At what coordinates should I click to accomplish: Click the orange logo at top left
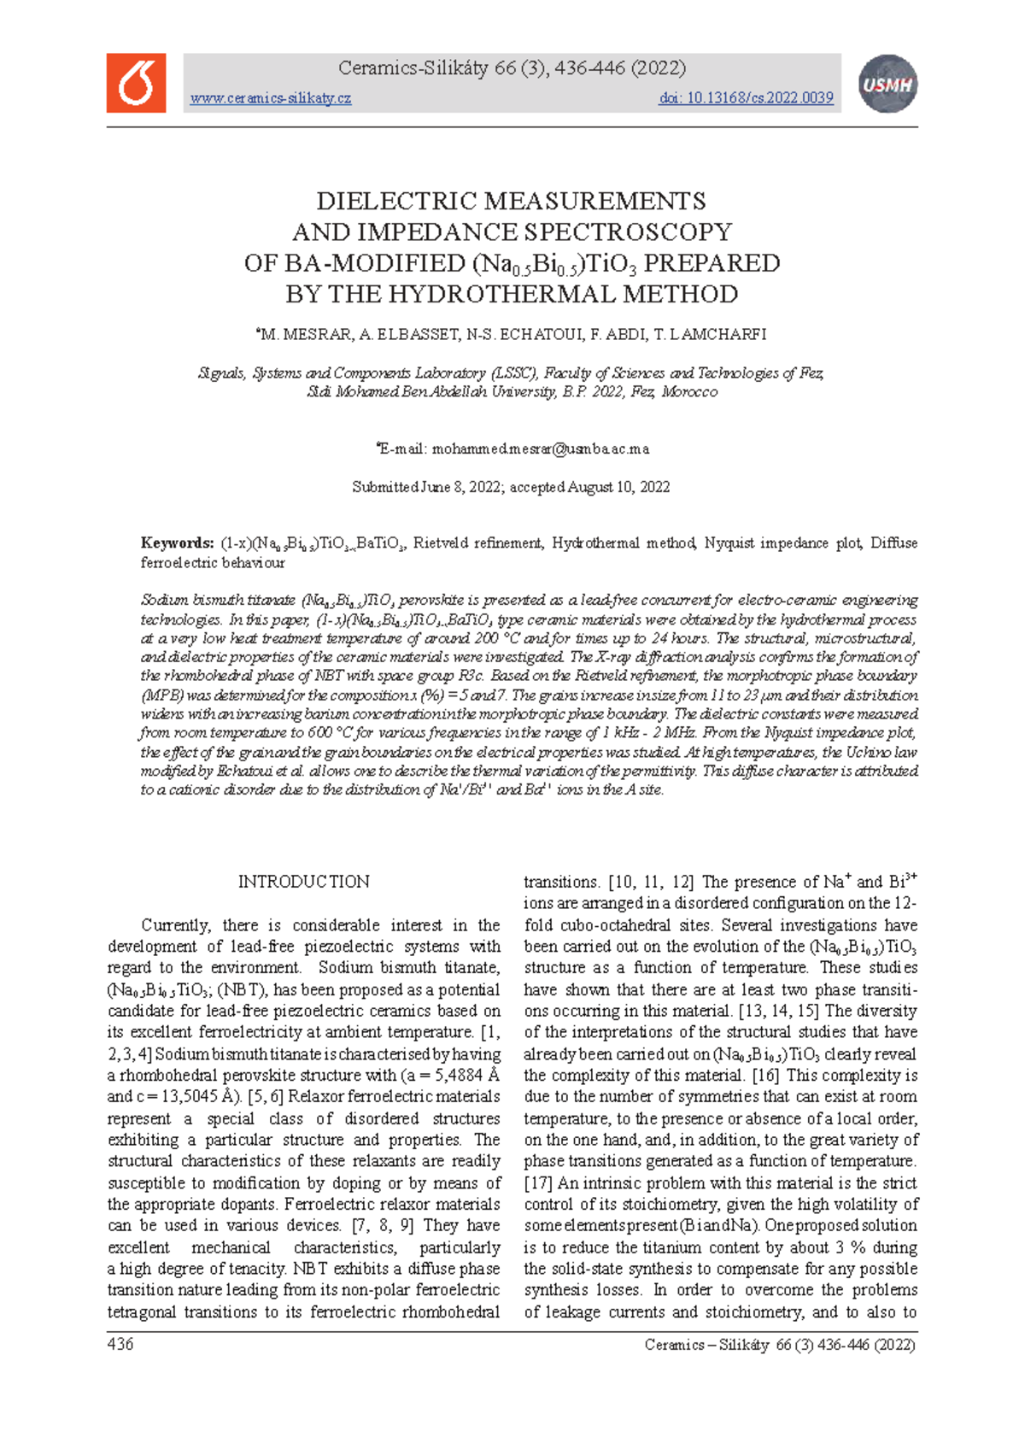click(x=136, y=83)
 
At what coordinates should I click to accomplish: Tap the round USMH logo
click(x=887, y=84)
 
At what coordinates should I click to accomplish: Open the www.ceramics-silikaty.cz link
click(x=270, y=98)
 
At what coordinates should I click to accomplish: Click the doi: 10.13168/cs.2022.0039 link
click(x=746, y=98)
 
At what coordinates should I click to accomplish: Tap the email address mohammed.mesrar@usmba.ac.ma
click(x=541, y=449)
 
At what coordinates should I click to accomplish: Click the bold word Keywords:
click(x=177, y=543)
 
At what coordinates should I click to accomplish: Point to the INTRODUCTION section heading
click(x=303, y=882)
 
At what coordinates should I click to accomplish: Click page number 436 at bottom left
click(x=120, y=1345)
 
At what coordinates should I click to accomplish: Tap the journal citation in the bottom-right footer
click(x=779, y=1345)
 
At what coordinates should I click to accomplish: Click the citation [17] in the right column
click(x=538, y=1183)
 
